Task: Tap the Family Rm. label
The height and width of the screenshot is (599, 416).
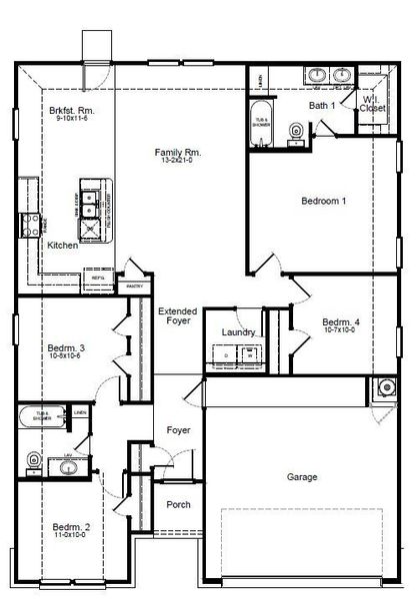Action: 178,153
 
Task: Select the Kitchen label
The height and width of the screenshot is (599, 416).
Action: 62,246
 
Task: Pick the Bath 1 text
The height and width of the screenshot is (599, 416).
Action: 320,105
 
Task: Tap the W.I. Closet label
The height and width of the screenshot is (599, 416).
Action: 373,104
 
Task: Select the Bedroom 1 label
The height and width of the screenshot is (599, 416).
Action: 323,201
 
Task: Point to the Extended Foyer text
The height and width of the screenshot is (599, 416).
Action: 178,316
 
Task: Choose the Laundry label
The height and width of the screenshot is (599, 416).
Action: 238,332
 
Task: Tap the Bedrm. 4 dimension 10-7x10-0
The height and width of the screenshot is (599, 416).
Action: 339,331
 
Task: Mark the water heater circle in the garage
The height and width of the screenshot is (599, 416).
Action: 385,390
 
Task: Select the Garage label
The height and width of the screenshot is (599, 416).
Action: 302,477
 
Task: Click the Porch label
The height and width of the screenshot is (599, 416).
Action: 178,504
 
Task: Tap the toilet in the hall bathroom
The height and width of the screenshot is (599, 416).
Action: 35,460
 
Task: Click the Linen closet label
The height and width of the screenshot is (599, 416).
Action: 80,412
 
